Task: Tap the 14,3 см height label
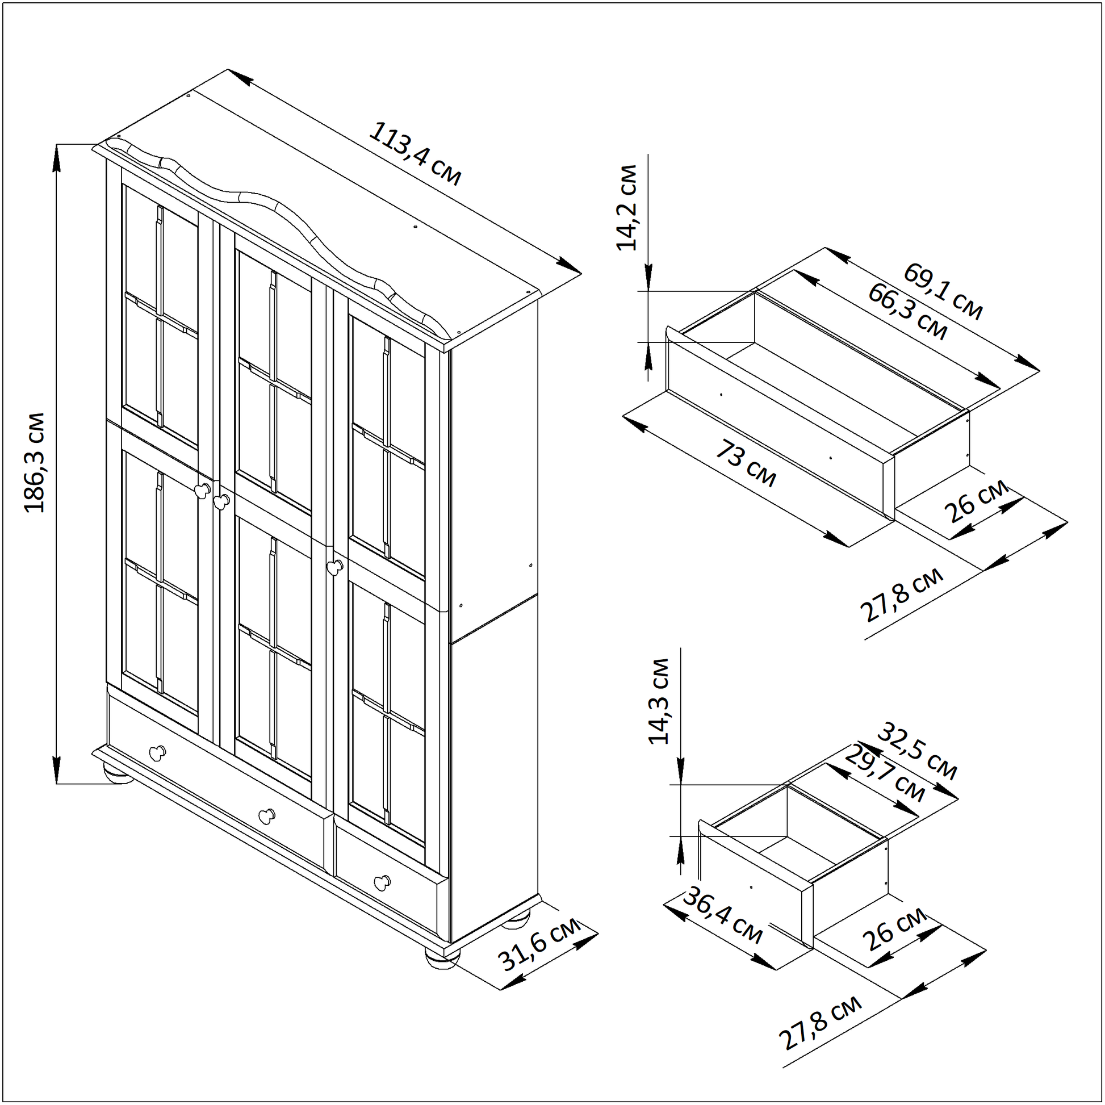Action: coord(659,701)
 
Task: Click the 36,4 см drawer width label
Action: coord(723,924)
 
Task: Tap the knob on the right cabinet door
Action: coord(334,566)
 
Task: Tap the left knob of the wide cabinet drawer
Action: coord(157,753)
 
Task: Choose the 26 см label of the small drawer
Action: coord(895,928)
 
